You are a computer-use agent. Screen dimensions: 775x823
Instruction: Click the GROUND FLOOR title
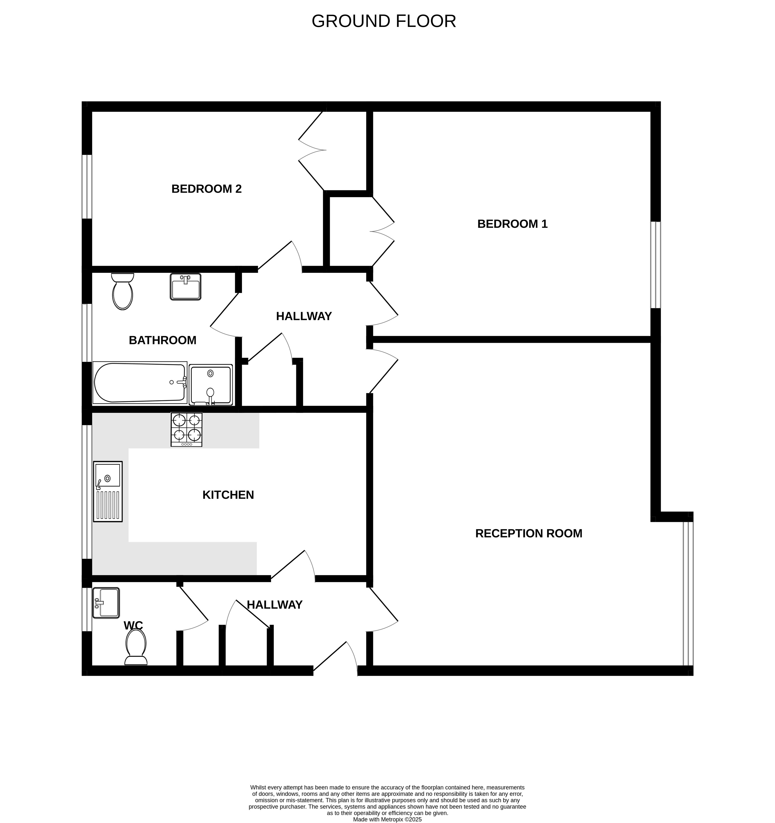[384, 21]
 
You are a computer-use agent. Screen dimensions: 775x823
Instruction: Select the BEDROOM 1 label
[512, 224]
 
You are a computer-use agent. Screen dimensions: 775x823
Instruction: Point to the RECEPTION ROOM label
[528, 533]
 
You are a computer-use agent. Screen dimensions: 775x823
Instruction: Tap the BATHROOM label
[163, 340]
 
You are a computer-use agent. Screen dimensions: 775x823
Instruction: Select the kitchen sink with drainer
[108, 491]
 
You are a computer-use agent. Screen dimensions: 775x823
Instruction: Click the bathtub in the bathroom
[140, 383]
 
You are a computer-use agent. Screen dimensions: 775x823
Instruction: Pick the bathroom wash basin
[185, 286]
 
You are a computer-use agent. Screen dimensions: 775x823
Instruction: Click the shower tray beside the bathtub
[210, 385]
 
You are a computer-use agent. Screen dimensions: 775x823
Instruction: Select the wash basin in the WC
[106, 603]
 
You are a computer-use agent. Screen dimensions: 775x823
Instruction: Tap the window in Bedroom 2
[87, 187]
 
